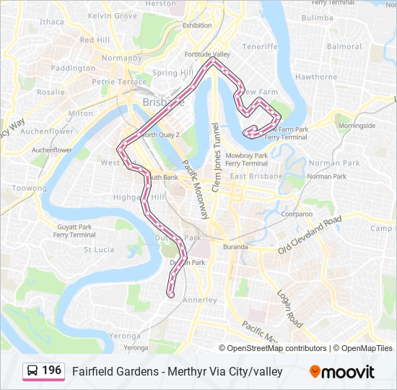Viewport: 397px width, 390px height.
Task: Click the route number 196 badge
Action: tap(43, 370)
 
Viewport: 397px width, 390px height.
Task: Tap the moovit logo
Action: tap(342, 372)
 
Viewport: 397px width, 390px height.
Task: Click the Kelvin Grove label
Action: tap(112, 15)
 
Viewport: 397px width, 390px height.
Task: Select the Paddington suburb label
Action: tap(74, 68)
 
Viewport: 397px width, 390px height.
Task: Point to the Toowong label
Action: tap(29, 188)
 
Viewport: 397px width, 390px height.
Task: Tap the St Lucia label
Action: tap(99, 249)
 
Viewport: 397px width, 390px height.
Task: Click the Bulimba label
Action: tap(318, 17)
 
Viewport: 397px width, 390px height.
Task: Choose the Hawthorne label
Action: tap(316, 77)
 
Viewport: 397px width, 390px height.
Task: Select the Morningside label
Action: tap(357, 126)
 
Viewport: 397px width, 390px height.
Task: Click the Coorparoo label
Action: tap(297, 214)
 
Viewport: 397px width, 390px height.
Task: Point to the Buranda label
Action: tap(235, 247)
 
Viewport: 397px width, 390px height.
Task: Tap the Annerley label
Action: tap(200, 300)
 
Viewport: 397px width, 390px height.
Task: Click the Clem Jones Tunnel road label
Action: tap(214, 149)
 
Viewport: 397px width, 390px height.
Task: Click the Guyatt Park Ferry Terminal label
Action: tap(74, 231)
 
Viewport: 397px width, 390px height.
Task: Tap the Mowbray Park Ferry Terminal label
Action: tap(247, 160)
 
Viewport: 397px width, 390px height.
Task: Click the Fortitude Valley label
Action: tap(206, 54)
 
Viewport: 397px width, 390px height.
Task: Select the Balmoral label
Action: tap(344, 47)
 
